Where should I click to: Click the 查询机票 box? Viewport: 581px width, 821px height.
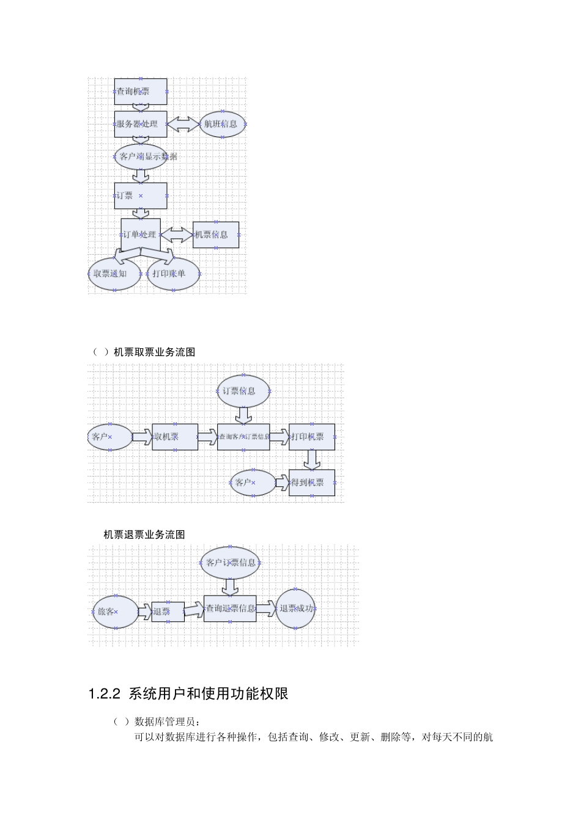click(x=141, y=92)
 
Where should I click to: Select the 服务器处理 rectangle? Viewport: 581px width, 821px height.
click(x=141, y=124)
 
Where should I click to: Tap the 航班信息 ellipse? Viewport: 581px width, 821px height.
click(x=223, y=124)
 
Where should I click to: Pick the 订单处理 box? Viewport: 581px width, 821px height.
click(x=141, y=235)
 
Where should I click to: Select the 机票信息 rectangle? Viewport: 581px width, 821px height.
click(x=216, y=235)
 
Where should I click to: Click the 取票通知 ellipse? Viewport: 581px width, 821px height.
click(x=114, y=274)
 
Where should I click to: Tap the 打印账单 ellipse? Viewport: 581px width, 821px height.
click(x=174, y=274)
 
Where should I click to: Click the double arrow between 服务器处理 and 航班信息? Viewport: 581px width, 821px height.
click(x=183, y=124)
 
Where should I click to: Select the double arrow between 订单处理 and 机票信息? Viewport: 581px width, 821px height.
click(x=177, y=235)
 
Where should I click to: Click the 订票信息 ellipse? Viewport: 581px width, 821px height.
click(x=243, y=391)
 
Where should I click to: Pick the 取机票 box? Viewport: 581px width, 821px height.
click(x=175, y=437)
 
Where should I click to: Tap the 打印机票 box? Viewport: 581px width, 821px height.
click(x=312, y=437)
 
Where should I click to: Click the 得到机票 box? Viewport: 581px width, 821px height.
click(x=312, y=483)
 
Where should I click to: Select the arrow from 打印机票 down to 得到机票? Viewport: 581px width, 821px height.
click(x=312, y=459)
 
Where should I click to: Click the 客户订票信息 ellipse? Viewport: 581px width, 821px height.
click(x=230, y=563)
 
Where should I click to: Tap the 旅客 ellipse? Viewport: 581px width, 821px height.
click(x=115, y=611)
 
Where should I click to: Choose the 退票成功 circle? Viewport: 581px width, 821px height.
click(x=295, y=608)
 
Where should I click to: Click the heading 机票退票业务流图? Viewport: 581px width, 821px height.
click(x=144, y=535)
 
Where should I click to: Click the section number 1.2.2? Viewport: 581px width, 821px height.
click(x=105, y=694)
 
